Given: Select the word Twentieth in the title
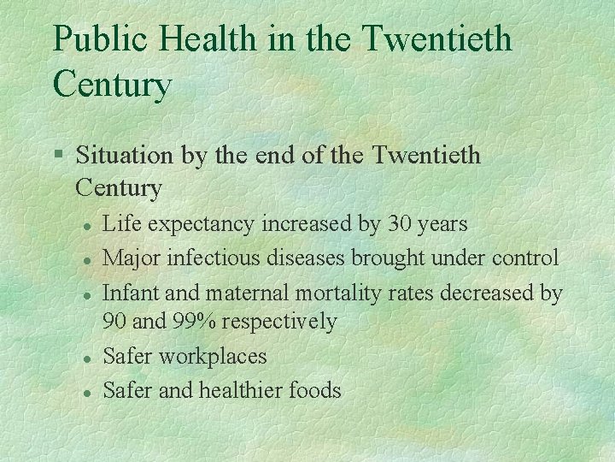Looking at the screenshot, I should tap(437, 40).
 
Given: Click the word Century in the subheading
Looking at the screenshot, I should tap(119, 187).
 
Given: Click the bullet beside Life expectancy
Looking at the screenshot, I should tap(86, 225).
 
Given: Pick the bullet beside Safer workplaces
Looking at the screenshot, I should tap(86, 357).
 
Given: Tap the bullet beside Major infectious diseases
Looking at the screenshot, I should tap(86, 258).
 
